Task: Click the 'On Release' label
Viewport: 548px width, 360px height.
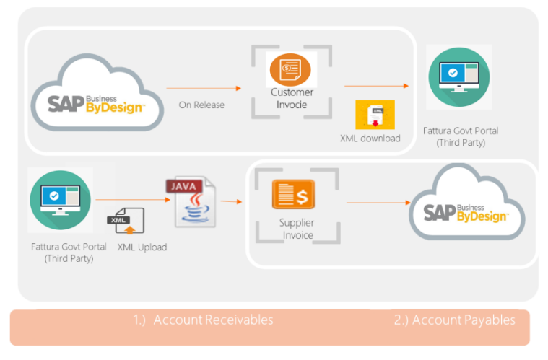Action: coord(201,105)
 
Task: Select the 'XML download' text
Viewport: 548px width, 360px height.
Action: coord(370,139)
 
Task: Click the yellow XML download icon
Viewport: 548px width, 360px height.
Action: coord(375,115)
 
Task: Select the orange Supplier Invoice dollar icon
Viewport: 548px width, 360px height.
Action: coord(293,194)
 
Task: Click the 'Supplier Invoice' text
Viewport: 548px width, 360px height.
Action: coord(297,229)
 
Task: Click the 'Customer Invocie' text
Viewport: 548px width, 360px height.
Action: coord(292,99)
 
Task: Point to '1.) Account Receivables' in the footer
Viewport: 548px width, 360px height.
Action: coord(203,320)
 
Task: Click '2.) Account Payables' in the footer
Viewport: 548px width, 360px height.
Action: coord(454,320)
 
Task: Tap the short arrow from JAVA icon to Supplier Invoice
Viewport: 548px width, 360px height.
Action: coord(231,202)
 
